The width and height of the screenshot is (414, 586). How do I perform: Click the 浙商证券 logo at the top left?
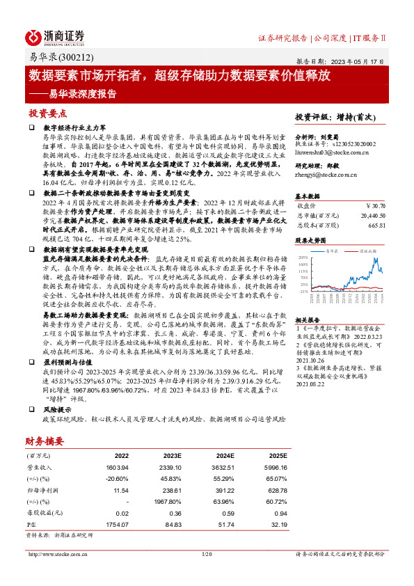[x=56, y=36]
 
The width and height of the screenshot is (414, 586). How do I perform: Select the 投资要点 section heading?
[x=47, y=113]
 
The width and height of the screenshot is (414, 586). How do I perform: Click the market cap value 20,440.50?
[x=370, y=216]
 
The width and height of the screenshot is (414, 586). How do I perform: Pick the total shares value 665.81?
[x=376, y=225]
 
